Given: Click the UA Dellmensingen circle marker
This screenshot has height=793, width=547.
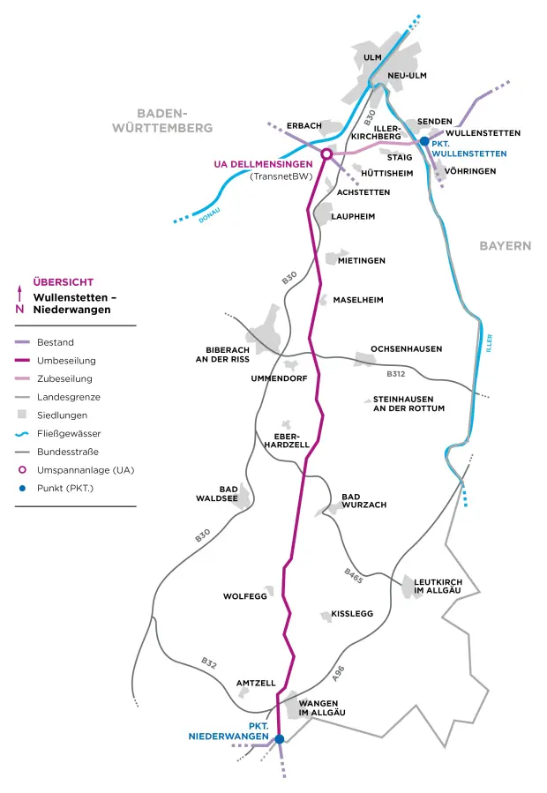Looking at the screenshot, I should (x=326, y=154).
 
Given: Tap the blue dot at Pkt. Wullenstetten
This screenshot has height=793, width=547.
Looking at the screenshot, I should (x=424, y=141).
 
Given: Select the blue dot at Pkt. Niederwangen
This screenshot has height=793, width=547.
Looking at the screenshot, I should (x=279, y=739).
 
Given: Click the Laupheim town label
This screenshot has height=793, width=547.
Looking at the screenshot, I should (x=353, y=216).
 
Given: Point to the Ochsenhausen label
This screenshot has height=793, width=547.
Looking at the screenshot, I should (x=407, y=349).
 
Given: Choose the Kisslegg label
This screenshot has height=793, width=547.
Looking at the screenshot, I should (x=352, y=613).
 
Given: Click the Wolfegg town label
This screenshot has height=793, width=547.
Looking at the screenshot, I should (x=244, y=597).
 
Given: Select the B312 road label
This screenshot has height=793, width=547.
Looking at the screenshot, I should (x=396, y=374).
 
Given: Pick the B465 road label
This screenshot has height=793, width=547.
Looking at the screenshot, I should (x=353, y=576).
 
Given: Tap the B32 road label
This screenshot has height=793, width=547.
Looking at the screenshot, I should (x=208, y=662).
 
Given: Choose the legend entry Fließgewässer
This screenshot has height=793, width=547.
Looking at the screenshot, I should (x=70, y=433).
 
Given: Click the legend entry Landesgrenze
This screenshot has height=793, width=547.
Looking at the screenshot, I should (x=69, y=397).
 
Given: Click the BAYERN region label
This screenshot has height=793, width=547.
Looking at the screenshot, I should (x=506, y=246).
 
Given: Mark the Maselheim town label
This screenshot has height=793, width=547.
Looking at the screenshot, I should (x=358, y=300).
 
